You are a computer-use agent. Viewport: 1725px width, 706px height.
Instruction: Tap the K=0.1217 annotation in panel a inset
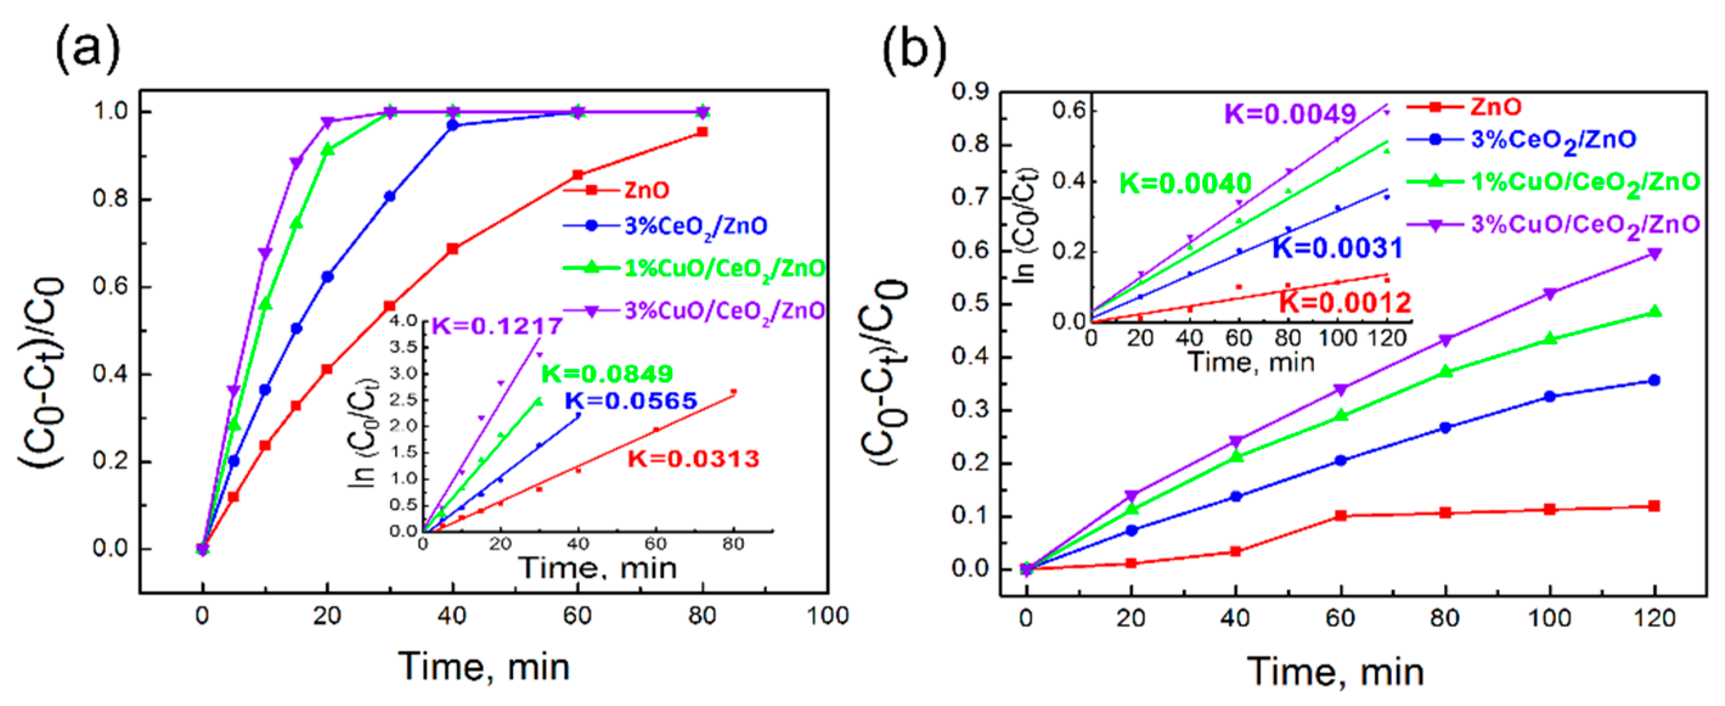tap(497, 326)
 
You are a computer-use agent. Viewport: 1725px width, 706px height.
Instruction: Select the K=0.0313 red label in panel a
tap(693, 459)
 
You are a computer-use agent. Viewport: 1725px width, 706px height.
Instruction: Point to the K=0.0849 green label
tap(607, 374)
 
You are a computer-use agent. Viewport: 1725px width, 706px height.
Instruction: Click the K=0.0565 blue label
tap(631, 401)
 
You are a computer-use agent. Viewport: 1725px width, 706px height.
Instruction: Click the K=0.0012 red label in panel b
tap(1345, 303)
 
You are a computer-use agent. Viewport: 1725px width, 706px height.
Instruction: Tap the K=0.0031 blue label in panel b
tap(1337, 249)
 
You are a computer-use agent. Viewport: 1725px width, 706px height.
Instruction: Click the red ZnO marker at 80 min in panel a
tap(702, 132)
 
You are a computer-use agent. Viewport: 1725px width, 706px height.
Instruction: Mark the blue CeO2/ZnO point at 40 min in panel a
tap(453, 125)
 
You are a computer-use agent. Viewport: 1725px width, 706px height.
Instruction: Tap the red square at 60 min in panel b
tap(1341, 515)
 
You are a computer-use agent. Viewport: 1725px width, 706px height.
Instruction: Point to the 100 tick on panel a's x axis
tap(828, 615)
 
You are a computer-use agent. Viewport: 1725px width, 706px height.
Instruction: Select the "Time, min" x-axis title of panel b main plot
tap(1335, 671)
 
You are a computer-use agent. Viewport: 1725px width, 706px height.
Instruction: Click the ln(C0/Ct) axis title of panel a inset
tap(362, 429)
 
